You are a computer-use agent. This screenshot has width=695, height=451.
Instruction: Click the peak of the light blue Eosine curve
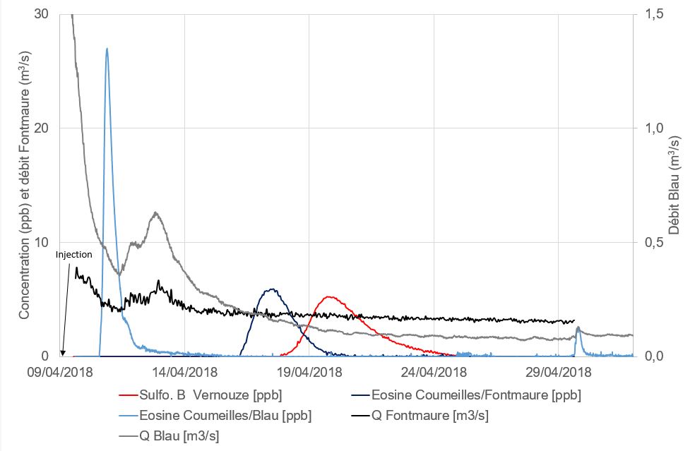(x=107, y=49)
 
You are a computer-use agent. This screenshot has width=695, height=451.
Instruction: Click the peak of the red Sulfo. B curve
(x=329, y=297)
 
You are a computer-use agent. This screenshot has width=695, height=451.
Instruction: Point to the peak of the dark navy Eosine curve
(x=271, y=289)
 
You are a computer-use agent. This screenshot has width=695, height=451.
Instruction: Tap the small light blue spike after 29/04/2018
(x=578, y=327)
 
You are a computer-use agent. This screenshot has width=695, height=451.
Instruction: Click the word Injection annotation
(x=75, y=255)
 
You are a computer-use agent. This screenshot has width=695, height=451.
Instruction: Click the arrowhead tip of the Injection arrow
(x=63, y=355)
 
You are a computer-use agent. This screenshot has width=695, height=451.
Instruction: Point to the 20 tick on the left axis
(x=42, y=128)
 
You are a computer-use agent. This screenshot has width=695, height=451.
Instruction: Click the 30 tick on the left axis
(x=42, y=13)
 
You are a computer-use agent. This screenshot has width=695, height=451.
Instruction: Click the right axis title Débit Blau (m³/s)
(x=675, y=185)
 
